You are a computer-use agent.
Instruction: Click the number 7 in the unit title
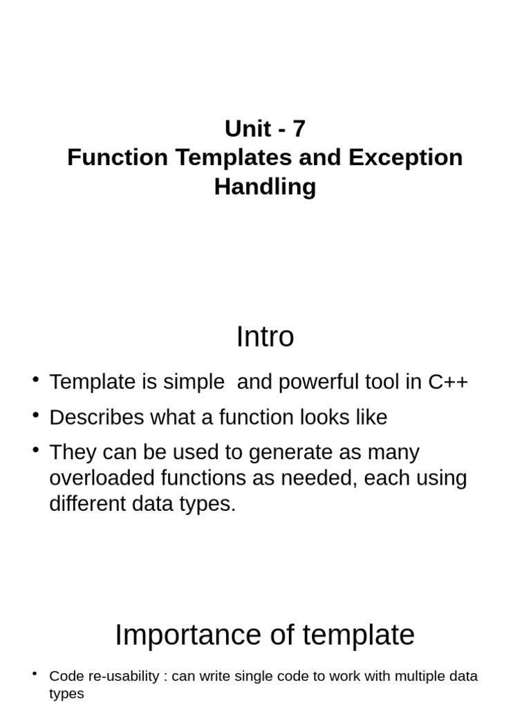click(299, 128)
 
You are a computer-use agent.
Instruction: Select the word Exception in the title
click(405, 157)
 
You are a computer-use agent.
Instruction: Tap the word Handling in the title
click(265, 186)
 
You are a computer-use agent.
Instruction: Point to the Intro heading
click(265, 337)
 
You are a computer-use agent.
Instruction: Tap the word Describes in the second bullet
click(96, 417)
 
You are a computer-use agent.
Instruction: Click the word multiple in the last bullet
click(380, 676)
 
